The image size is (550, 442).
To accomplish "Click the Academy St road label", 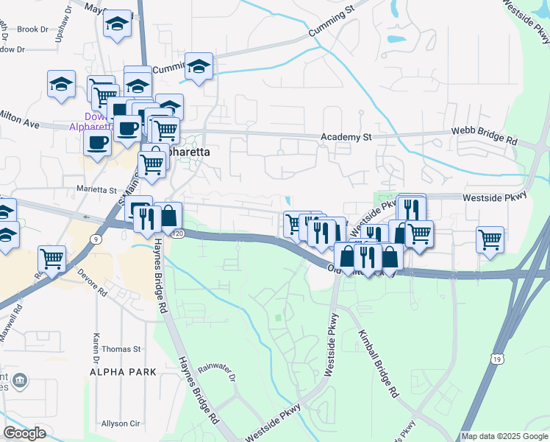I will pyautogui.click(x=347, y=137).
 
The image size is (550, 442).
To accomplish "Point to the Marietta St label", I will pyautogui.click(x=97, y=189).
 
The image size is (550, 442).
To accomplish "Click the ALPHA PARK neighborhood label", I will pyautogui.click(x=123, y=372).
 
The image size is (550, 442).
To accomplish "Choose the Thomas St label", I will pyautogui.click(x=121, y=348).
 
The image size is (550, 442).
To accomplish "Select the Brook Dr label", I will pyautogui.click(x=32, y=29).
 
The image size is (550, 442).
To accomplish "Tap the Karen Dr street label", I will pyautogui.click(x=96, y=341).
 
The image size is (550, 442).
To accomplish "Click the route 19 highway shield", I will pyautogui.click(x=498, y=359).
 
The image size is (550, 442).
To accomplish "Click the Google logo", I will pyautogui.click(x=24, y=432).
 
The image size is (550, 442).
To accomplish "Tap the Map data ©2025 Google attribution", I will pyautogui.click(x=504, y=436).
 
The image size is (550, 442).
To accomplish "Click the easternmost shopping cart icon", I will pyautogui.click(x=490, y=239).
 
